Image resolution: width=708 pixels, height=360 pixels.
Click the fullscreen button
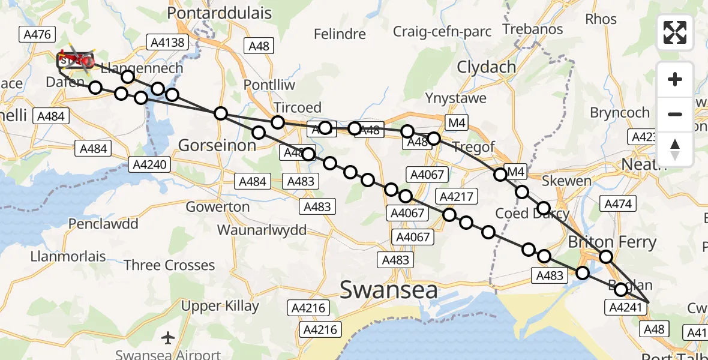click(x=675, y=32)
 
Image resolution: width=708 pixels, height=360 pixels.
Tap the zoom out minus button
click(x=675, y=114)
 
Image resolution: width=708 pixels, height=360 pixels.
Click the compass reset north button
click(x=675, y=149)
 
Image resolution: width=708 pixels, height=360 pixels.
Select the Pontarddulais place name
click(x=219, y=13)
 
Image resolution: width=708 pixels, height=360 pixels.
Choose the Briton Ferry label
click(x=612, y=242)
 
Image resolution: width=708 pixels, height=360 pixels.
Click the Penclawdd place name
click(x=103, y=224)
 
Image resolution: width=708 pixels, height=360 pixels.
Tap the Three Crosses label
click(x=169, y=265)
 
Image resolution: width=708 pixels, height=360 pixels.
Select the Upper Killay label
click(x=220, y=306)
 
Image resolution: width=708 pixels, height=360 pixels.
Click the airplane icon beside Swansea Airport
click(x=168, y=338)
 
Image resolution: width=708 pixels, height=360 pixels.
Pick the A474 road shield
click(x=618, y=204)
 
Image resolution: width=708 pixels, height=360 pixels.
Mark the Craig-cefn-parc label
click(x=442, y=30)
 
